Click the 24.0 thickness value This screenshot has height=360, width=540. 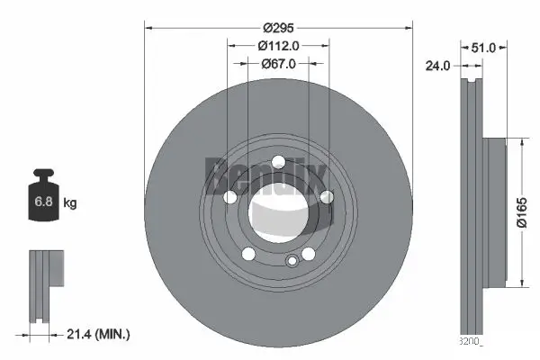[439, 65]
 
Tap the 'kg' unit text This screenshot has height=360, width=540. [70, 203]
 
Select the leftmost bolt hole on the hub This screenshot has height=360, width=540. [229, 197]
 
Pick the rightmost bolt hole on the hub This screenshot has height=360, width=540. [327, 197]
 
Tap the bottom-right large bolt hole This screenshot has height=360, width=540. [308, 254]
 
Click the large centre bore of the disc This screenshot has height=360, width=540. [278, 212]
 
